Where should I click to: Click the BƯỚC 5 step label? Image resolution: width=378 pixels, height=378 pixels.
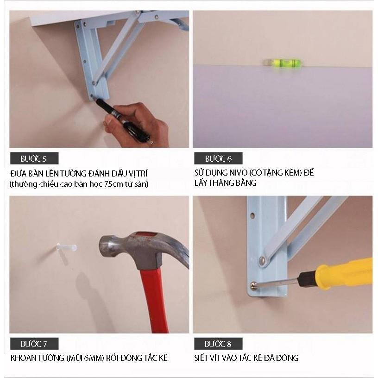click(34, 158)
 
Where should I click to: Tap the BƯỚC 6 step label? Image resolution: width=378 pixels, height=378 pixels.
click(218, 158)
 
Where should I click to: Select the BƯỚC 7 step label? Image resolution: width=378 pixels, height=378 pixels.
click(34, 344)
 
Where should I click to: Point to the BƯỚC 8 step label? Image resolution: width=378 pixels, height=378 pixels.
click(218, 344)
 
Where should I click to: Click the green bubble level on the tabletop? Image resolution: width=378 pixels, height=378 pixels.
click(283, 63)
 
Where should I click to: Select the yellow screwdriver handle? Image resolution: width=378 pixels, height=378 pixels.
click(345, 273)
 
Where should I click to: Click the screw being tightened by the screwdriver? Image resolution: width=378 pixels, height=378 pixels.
click(253, 286)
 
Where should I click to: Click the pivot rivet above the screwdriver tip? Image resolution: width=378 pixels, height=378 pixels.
click(262, 260)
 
